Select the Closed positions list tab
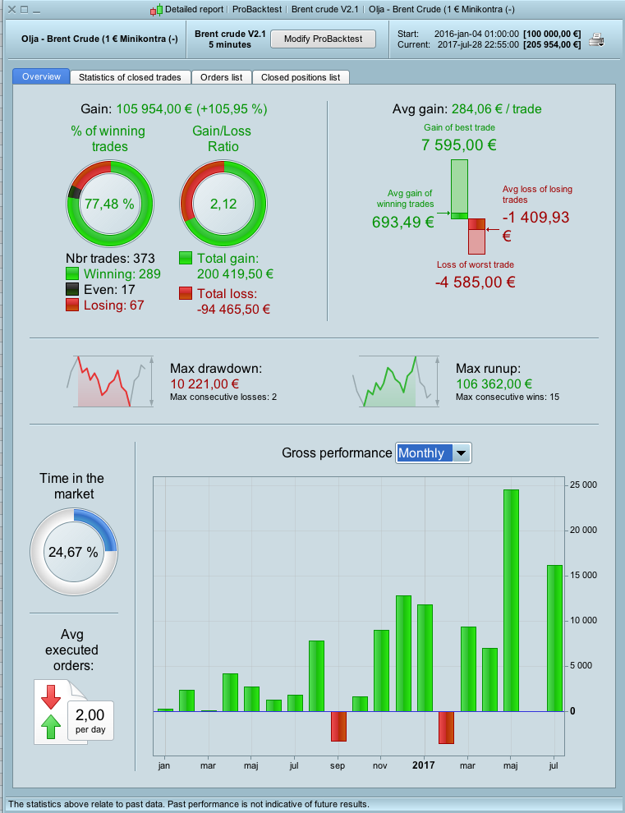click(x=301, y=77)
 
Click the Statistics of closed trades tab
click(x=130, y=77)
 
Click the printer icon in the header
click(x=597, y=39)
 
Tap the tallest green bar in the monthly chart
click(x=511, y=599)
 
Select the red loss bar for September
click(x=338, y=726)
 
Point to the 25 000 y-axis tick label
click(x=584, y=485)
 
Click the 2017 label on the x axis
click(x=424, y=765)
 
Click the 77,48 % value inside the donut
click(x=109, y=204)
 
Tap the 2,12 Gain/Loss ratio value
click(x=223, y=204)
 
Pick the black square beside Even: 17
click(x=71, y=289)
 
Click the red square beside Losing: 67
click(x=71, y=305)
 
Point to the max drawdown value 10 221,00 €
click(x=205, y=384)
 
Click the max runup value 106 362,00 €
click(x=494, y=384)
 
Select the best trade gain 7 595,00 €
click(x=459, y=145)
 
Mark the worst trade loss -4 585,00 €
click(x=475, y=282)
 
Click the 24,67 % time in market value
click(x=73, y=552)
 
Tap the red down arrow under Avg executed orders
click(x=51, y=696)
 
